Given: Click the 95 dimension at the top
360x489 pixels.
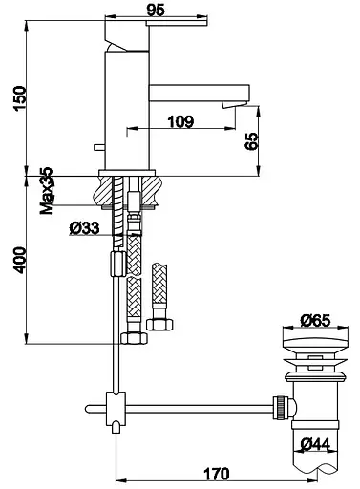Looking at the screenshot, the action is (156, 10).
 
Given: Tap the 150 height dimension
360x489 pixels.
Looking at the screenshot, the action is (19, 98).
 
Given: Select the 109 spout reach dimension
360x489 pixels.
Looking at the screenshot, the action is (180, 121).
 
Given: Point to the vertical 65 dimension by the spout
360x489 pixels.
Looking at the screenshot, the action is (251, 141).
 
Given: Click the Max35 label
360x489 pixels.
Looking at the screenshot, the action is (47, 190).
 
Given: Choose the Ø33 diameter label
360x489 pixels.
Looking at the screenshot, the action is (84, 228).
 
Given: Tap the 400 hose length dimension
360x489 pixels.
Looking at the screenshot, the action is (20, 260).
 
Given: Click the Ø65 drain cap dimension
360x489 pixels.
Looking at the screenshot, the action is (315, 320).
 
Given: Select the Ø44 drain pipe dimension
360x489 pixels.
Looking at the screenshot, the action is (315, 443).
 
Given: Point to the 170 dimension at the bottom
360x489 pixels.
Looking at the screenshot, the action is (216, 474).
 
